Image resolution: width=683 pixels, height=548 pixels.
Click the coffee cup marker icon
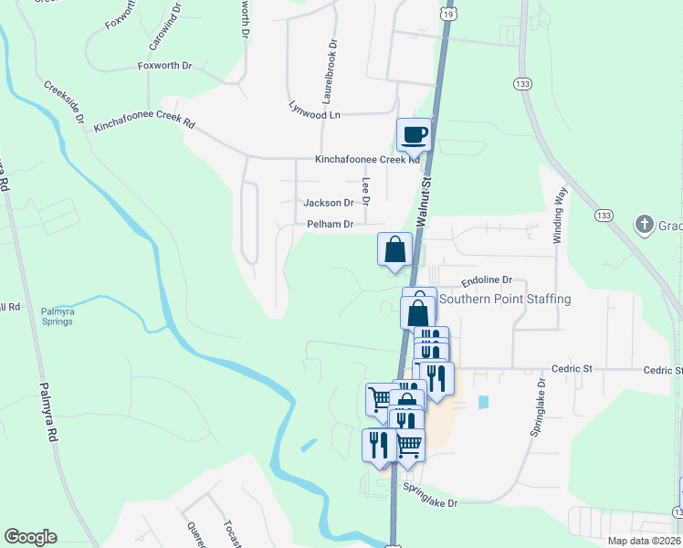point(414,134)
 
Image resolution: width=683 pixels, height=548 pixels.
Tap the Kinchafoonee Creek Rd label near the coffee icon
point(367,159)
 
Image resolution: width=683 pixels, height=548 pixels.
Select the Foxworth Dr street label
point(164,66)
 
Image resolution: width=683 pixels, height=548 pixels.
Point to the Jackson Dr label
point(328,203)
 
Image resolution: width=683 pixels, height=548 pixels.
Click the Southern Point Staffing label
point(505,299)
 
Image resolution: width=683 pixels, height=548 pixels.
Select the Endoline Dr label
point(487,280)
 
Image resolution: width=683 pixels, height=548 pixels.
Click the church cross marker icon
point(645,224)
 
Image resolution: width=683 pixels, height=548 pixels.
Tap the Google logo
point(30,537)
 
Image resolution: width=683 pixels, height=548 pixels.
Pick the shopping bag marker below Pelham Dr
point(395,249)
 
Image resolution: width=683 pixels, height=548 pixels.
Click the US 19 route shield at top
point(446,14)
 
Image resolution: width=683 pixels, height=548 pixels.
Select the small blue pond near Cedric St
point(482,401)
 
